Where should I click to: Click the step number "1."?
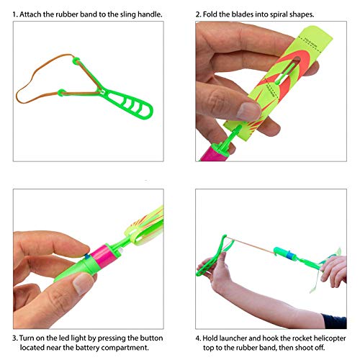click(x=16, y=14)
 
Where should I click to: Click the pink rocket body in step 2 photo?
click(x=218, y=158)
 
